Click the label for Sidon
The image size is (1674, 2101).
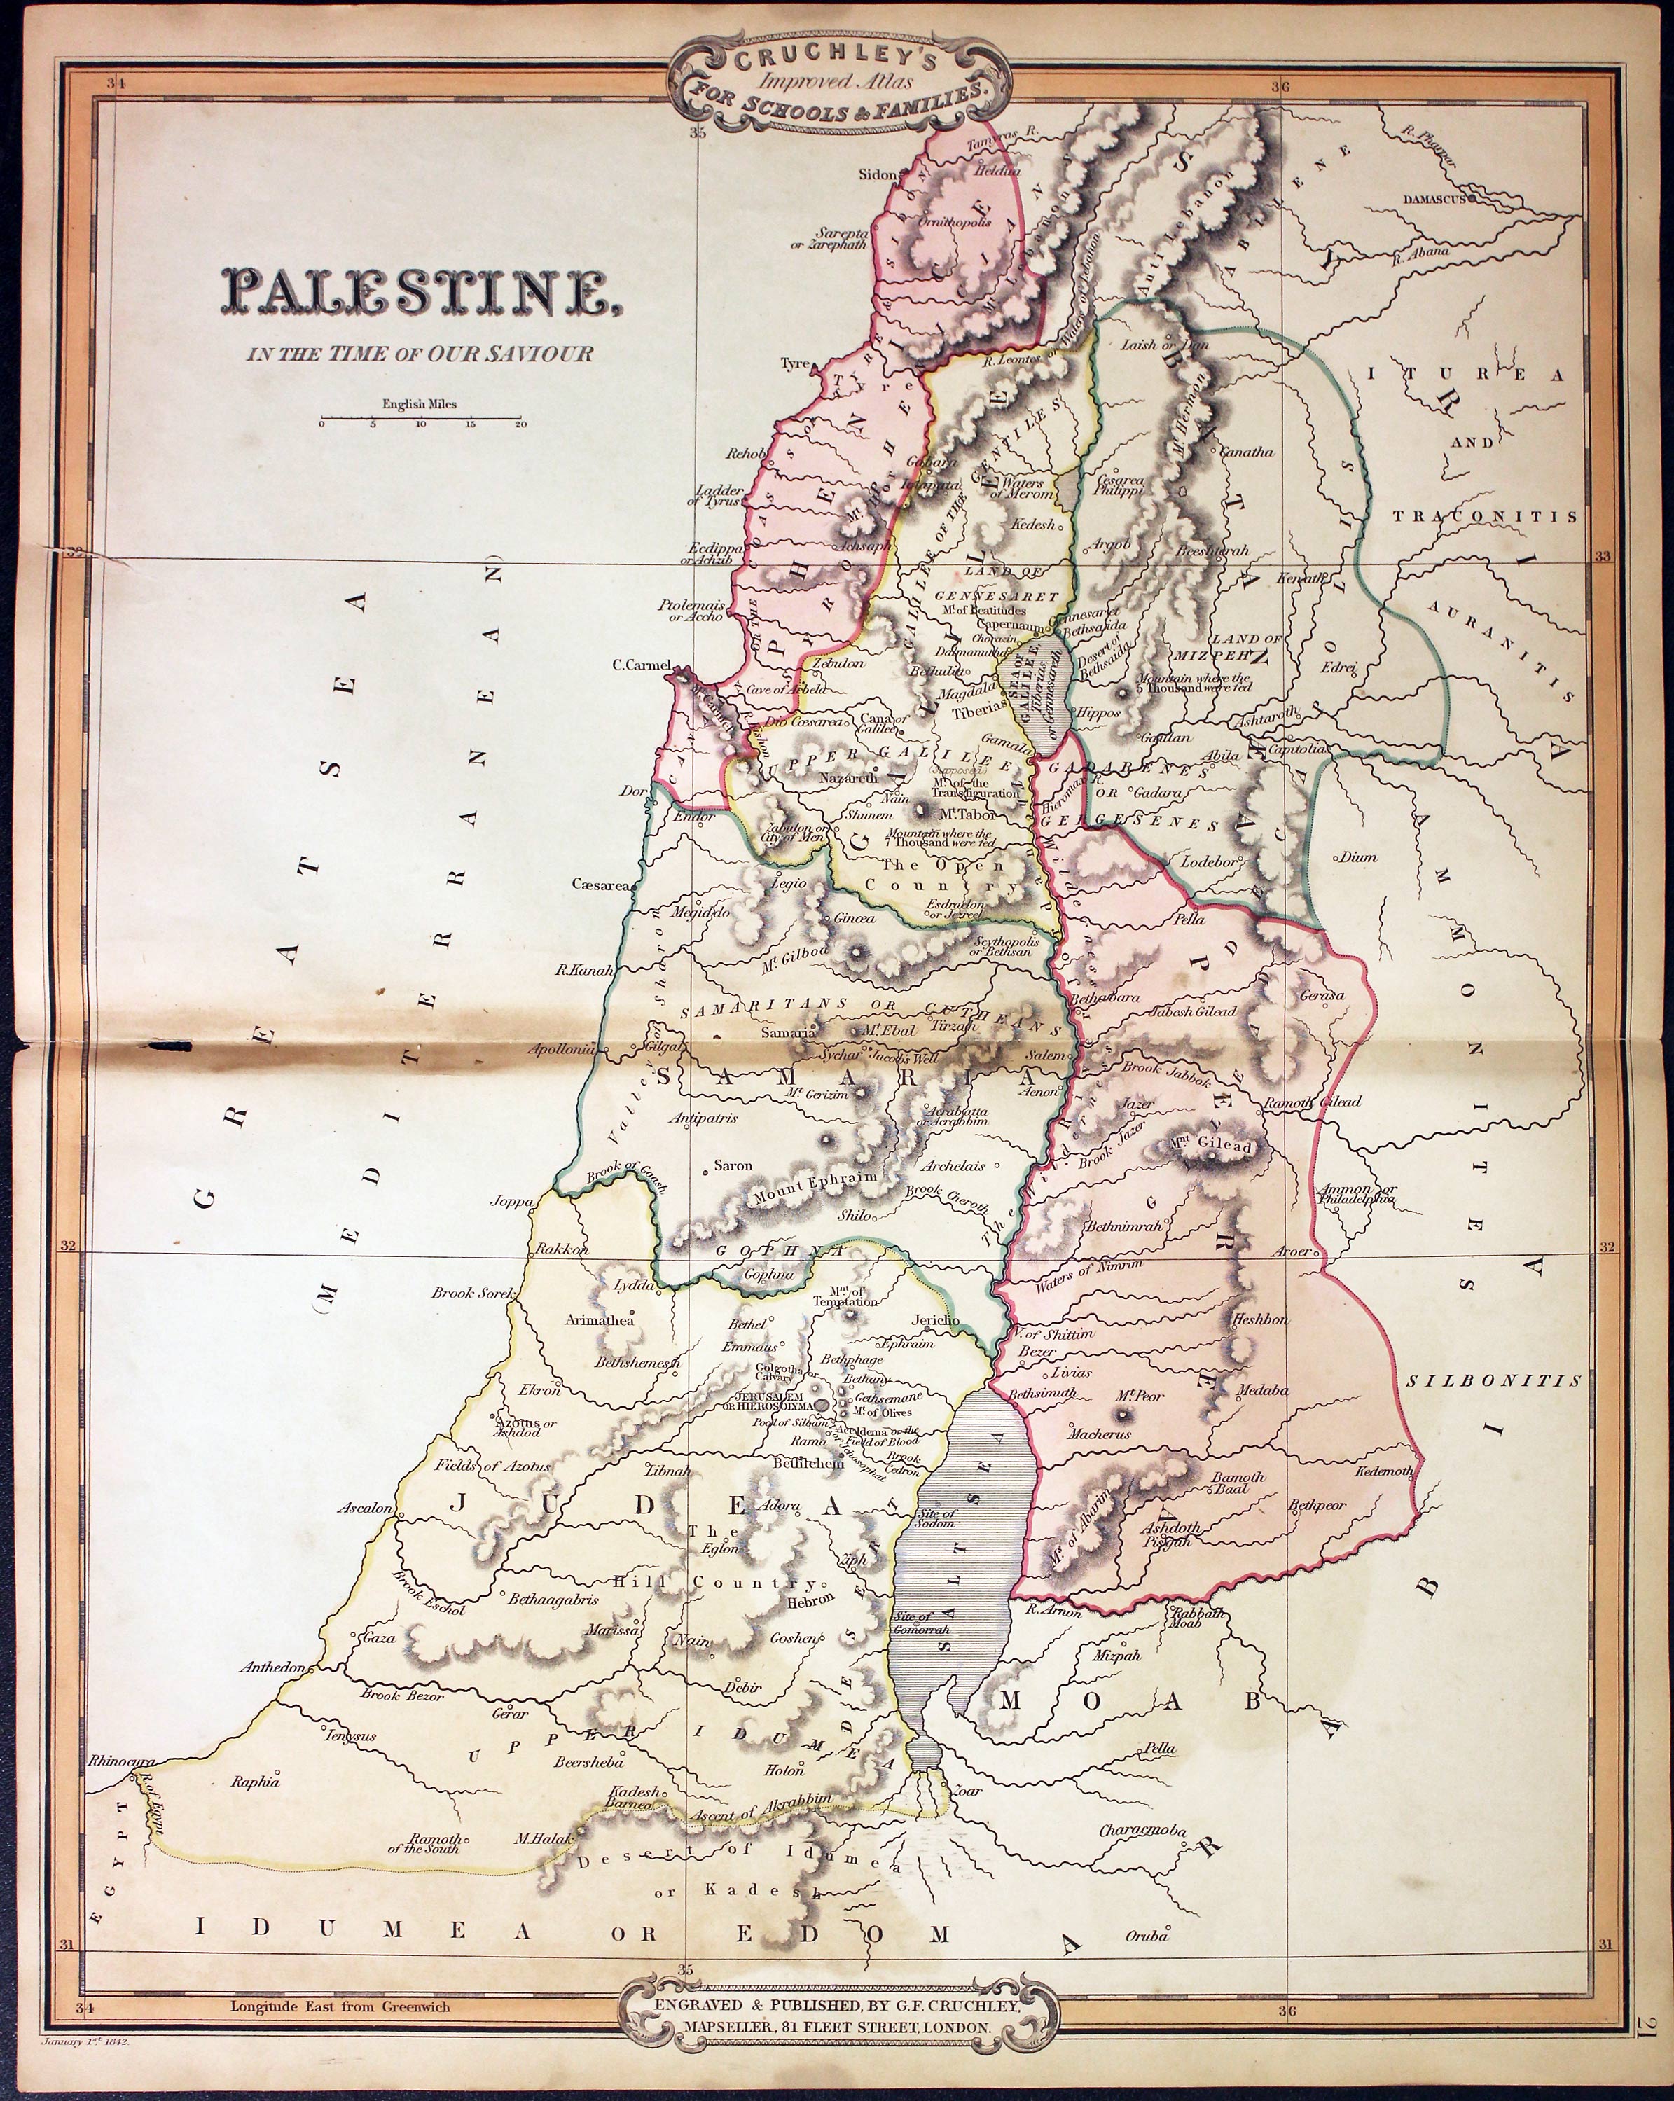[x=876, y=175]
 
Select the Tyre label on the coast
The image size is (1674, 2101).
[x=795, y=363]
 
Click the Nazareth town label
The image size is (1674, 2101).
[x=849, y=779]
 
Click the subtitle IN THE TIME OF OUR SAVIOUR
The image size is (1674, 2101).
[x=419, y=354]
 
